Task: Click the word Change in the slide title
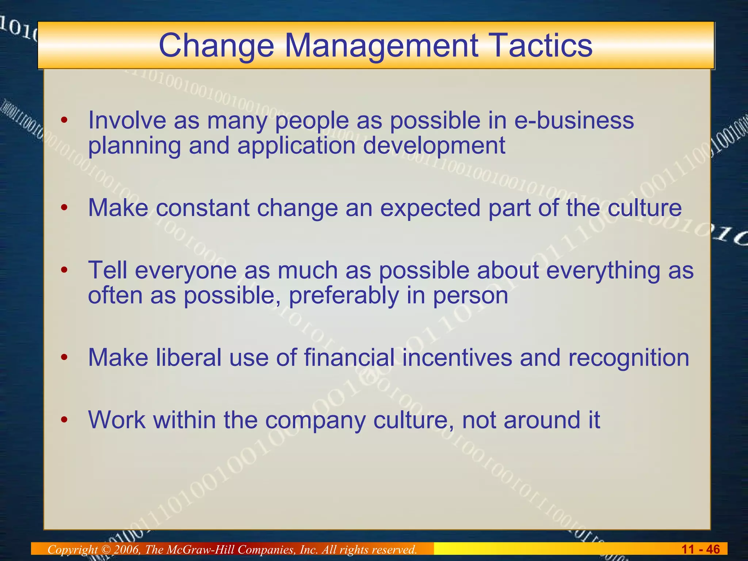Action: [x=216, y=46]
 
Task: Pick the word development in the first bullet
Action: [x=434, y=146]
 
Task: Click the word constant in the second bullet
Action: [x=203, y=208]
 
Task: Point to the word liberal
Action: [x=189, y=357]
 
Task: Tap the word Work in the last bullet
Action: [x=117, y=420]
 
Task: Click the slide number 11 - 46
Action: [x=701, y=549]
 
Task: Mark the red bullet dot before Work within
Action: [x=65, y=420]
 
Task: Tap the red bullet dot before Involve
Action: [x=65, y=121]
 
